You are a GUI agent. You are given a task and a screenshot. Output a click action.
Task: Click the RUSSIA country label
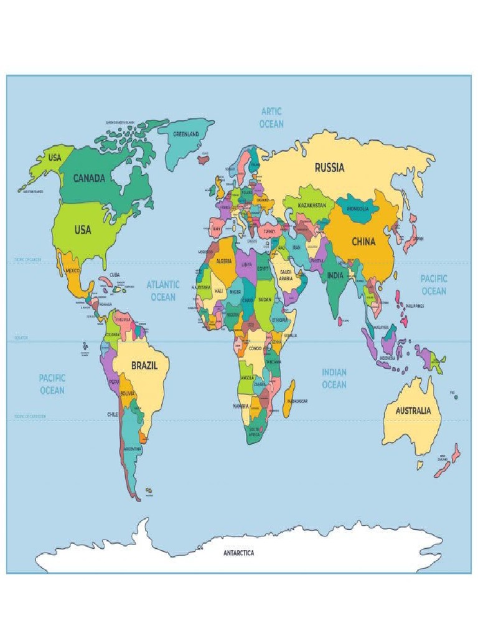[x=329, y=167]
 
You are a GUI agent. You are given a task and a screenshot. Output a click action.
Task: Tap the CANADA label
[x=89, y=178]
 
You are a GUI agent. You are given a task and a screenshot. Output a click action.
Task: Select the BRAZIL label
[x=144, y=366]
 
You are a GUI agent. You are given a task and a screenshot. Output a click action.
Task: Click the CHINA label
[x=363, y=242]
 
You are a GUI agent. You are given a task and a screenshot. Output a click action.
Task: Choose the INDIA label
[x=336, y=275]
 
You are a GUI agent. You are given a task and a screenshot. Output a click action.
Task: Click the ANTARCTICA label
[x=239, y=553]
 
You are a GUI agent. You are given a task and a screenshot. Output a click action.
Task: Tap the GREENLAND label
[x=185, y=134]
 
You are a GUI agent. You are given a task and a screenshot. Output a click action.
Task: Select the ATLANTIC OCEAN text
[x=163, y=291]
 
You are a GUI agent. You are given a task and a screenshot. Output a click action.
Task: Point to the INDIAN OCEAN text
[x=334, y=378]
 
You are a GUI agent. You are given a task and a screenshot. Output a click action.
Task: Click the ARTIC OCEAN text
[x=271, y=118]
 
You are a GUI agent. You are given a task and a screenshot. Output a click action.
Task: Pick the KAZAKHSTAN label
[x=312, y=205]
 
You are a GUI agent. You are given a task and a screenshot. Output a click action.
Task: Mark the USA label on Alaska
[x=55, y=158]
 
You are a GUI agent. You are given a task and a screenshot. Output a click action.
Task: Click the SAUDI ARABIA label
[x=286, y=275]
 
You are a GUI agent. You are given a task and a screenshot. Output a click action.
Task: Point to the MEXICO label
[x=73, y=271]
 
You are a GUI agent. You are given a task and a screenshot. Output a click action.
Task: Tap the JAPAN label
[x=418, y=238]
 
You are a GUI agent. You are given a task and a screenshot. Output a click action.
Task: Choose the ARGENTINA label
[x=133, y=449]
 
